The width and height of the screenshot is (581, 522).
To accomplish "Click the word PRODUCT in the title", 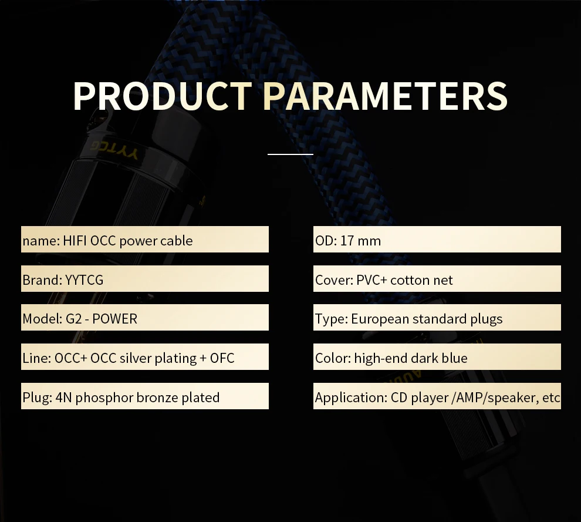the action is [x=163, y=96].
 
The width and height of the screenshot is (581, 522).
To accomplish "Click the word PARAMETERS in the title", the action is [x=386, y=96].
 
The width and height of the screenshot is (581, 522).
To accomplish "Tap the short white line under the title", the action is [x=290, y=154].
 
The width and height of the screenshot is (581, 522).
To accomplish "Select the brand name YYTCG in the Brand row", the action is [x=84, y=280].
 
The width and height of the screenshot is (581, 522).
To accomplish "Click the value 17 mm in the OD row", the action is [x=360, y=241].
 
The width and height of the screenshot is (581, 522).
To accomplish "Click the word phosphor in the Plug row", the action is [x=104, y=398].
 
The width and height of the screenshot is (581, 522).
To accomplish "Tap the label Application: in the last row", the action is [x=351, y=398].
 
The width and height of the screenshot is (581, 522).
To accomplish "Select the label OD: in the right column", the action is [x=326, y=241].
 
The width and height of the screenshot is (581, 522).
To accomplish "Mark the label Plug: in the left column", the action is [x=37, y=398].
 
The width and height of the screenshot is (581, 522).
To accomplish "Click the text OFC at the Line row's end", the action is [x=222, y=358].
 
